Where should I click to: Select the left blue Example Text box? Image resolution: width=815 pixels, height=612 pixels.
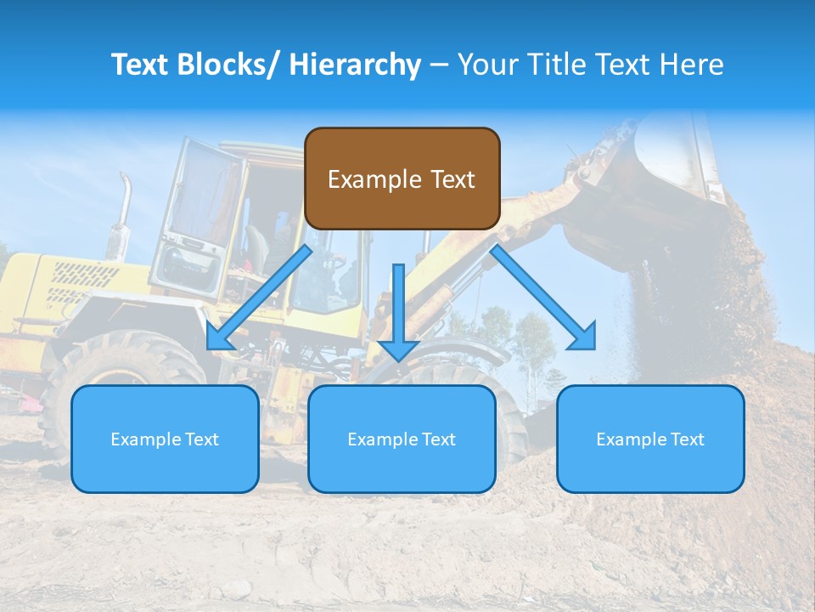tap(165, 439)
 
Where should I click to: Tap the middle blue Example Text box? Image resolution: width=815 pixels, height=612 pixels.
tap(402, 439)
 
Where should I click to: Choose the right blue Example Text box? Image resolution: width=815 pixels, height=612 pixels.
tap(650, 439)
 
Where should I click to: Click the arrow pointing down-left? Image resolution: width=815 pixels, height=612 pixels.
tap(259, 297)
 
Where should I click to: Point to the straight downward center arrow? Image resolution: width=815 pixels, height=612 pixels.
tap(398, 311)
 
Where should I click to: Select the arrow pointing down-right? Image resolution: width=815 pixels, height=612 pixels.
tap(543, 297)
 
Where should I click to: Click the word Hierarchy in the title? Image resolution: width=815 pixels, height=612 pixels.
tap(355, 65)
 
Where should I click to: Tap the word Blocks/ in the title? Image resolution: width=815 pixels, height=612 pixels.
tap(228, 65)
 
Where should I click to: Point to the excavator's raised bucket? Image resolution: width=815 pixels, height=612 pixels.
tap(671, 161)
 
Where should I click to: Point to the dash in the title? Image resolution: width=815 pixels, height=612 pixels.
tap(439, 65)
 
